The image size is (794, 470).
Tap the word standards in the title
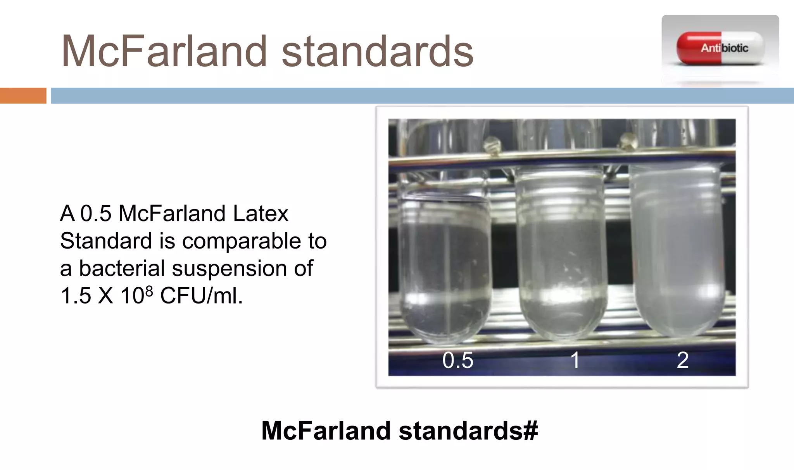point(377,51)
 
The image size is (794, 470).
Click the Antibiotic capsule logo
point(720,48)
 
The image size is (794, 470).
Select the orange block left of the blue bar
point(23,96)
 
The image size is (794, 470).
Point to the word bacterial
point(122,268)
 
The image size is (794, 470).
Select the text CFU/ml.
point(201,296)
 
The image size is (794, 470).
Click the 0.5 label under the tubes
point(458,360)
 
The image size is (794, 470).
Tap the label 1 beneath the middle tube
point(575,360)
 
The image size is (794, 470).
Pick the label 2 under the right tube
point(682,360)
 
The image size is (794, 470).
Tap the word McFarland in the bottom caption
point(326,431)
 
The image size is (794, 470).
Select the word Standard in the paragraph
point(106,241)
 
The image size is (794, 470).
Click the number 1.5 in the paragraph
point(76,296)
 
